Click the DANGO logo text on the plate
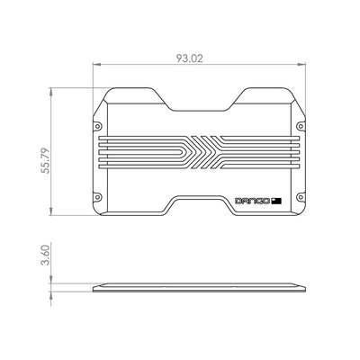pos(253,200)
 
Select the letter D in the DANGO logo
pos(238,200)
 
